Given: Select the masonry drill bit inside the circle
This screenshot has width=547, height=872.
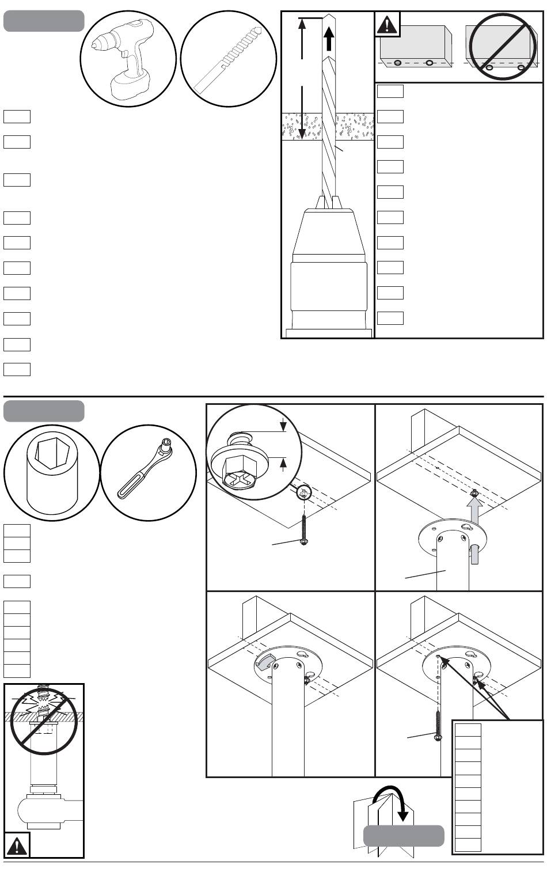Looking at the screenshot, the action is click(229, 58).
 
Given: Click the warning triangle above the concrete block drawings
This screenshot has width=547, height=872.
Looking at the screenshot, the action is click(388, 24).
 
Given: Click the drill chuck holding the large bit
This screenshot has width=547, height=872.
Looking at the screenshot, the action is click(328, 265).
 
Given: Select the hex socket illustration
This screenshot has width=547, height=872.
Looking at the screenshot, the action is click(52, 472).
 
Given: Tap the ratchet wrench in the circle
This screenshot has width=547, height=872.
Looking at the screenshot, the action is click(149, 472).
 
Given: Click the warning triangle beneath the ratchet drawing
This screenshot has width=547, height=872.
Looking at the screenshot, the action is click(17, 845).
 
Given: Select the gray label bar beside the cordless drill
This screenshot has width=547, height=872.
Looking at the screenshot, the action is click(44, 21).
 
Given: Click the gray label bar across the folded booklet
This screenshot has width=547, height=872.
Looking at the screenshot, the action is click(404, 836).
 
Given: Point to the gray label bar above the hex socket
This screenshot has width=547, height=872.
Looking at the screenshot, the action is click(44, 411).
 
